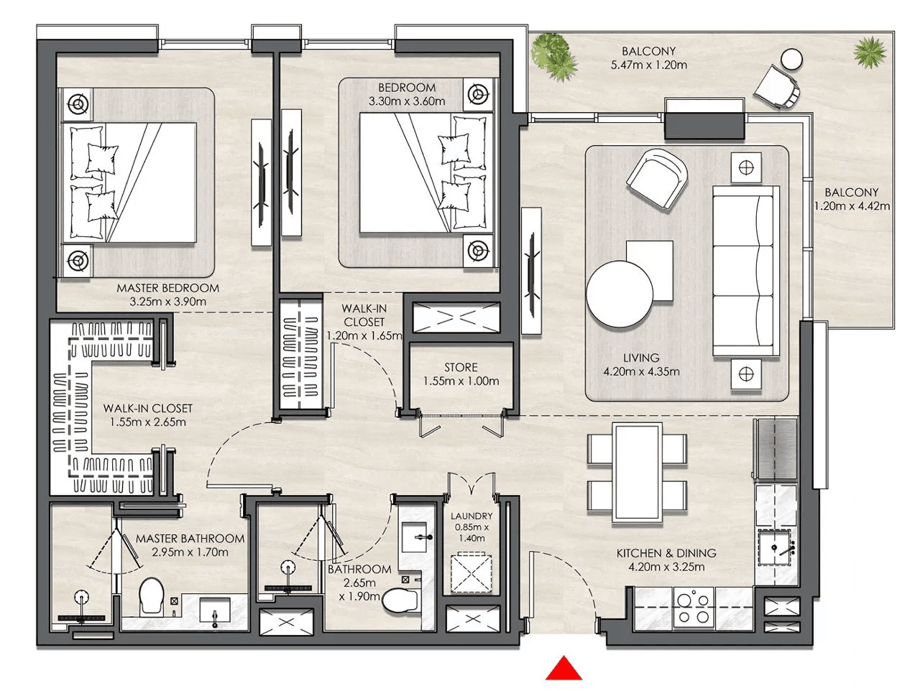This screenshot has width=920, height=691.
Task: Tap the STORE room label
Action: pos(461,367)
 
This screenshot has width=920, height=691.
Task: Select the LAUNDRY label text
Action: pos(471,516)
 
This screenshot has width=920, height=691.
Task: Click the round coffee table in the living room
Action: pos(619,294)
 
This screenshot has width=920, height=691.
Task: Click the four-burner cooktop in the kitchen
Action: pos(694,608)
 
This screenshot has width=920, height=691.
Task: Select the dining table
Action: pos(637,473)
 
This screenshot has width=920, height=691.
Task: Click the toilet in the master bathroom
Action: pos(152,595)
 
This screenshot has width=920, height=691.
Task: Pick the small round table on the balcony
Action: pos(792,60)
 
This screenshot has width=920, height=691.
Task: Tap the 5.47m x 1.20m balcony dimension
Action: pos(648,65)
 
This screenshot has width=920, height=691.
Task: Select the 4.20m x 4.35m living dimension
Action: pos(641,371)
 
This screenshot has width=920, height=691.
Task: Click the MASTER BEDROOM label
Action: pos(167,288)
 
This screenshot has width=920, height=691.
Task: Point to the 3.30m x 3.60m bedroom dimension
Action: pos(407,101)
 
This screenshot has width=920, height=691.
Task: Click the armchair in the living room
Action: pos(657,178)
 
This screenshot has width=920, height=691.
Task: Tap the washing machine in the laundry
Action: pos(471,574)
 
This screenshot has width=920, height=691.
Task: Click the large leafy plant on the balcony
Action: pos(554,57)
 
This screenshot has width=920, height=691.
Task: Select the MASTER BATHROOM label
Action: pos(190,539)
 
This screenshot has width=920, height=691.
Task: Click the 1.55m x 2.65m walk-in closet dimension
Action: pos(147,422)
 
